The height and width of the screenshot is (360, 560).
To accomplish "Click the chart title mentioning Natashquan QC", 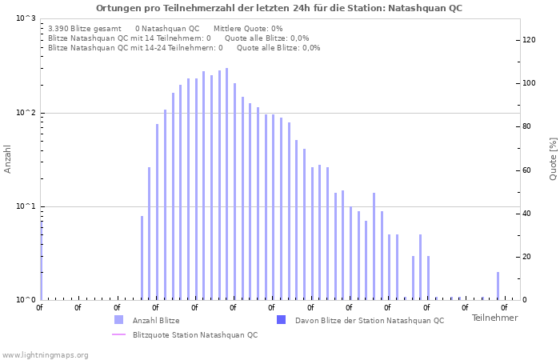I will (279, 8).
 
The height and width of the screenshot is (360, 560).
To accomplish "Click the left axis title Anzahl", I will (8, 158).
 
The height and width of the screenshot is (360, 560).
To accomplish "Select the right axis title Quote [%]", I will (552, 158).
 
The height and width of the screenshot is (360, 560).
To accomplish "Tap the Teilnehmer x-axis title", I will (494, 318).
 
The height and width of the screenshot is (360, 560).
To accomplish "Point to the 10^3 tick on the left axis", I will (26, 18).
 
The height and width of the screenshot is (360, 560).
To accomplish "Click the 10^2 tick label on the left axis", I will (26, 113).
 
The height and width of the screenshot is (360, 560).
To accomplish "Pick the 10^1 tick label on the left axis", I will (26, 206).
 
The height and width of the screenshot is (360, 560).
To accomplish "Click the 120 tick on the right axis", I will (530, 40).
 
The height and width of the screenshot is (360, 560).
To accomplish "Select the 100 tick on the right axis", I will (530, 83).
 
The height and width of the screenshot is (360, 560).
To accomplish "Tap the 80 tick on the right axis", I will (528, 126).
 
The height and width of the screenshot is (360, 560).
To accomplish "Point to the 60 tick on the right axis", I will (528, 170).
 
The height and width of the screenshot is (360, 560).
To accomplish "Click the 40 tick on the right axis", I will (528, 214).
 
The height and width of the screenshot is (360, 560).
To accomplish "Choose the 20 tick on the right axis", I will (528, 257).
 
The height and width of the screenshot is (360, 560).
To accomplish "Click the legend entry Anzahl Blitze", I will (155, 321).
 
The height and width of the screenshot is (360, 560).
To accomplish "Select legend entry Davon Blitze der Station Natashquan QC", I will (369, 321).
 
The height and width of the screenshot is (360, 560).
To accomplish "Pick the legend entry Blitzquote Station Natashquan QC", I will (194, 334).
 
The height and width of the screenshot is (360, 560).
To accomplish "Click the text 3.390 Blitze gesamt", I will (85, 28).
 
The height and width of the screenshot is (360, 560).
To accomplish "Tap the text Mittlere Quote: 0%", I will (248, 28).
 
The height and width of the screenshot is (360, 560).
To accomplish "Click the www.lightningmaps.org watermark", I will (46, 354).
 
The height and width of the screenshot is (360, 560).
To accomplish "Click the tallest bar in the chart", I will (226, 184).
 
